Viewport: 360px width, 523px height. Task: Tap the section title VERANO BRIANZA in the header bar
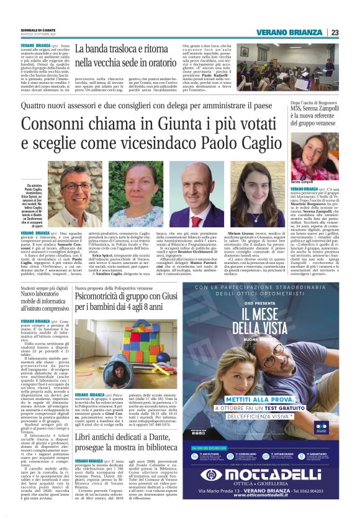point(290,32)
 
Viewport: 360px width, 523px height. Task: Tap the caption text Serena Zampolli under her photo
point(302,181)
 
